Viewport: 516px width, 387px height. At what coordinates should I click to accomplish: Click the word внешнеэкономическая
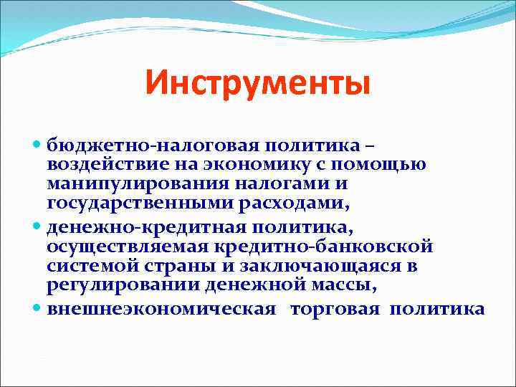pos(161,310)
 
